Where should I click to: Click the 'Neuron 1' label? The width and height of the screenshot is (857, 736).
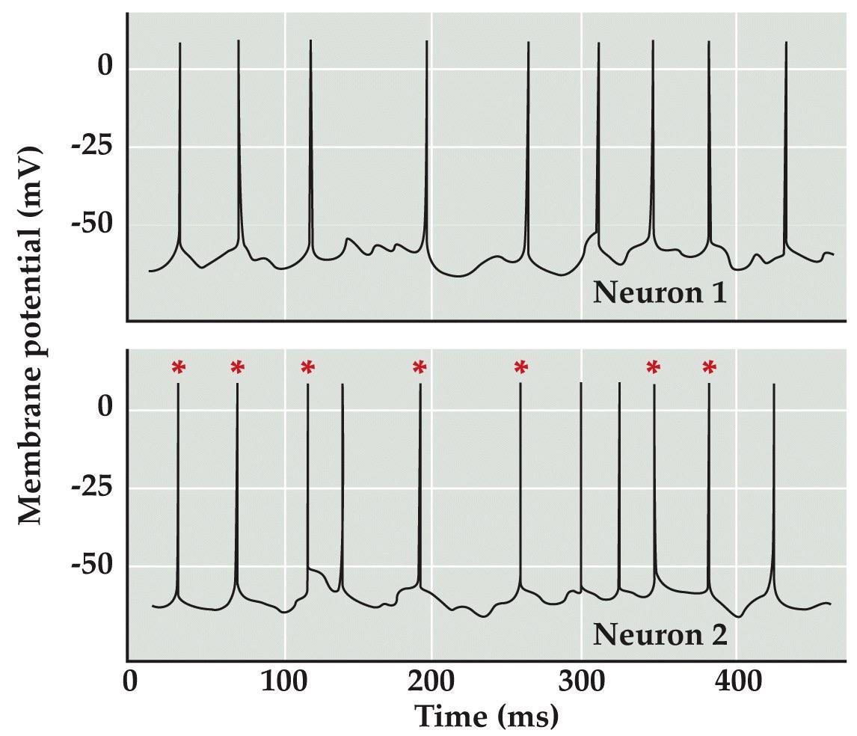click(660, 293)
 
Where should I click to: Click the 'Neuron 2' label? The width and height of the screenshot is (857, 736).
click(660, 635)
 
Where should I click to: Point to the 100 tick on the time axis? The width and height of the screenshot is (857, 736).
click(283, 683)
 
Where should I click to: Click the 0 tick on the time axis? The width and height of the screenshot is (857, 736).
click(129, 683)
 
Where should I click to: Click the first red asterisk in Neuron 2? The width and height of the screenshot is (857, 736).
click(178, 367)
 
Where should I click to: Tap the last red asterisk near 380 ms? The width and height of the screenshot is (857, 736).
click(709, 367)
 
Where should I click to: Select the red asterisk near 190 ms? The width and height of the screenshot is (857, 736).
click(419, 367)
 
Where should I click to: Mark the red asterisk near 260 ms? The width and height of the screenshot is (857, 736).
click(521, 367)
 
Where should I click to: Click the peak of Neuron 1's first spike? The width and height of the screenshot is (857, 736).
click(180, 43)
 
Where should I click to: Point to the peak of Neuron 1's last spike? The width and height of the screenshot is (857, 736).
click(786, 43)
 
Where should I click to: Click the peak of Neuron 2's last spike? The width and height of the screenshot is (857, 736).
click(773, 384)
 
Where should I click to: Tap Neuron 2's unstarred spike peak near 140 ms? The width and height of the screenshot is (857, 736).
click(342, 385)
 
